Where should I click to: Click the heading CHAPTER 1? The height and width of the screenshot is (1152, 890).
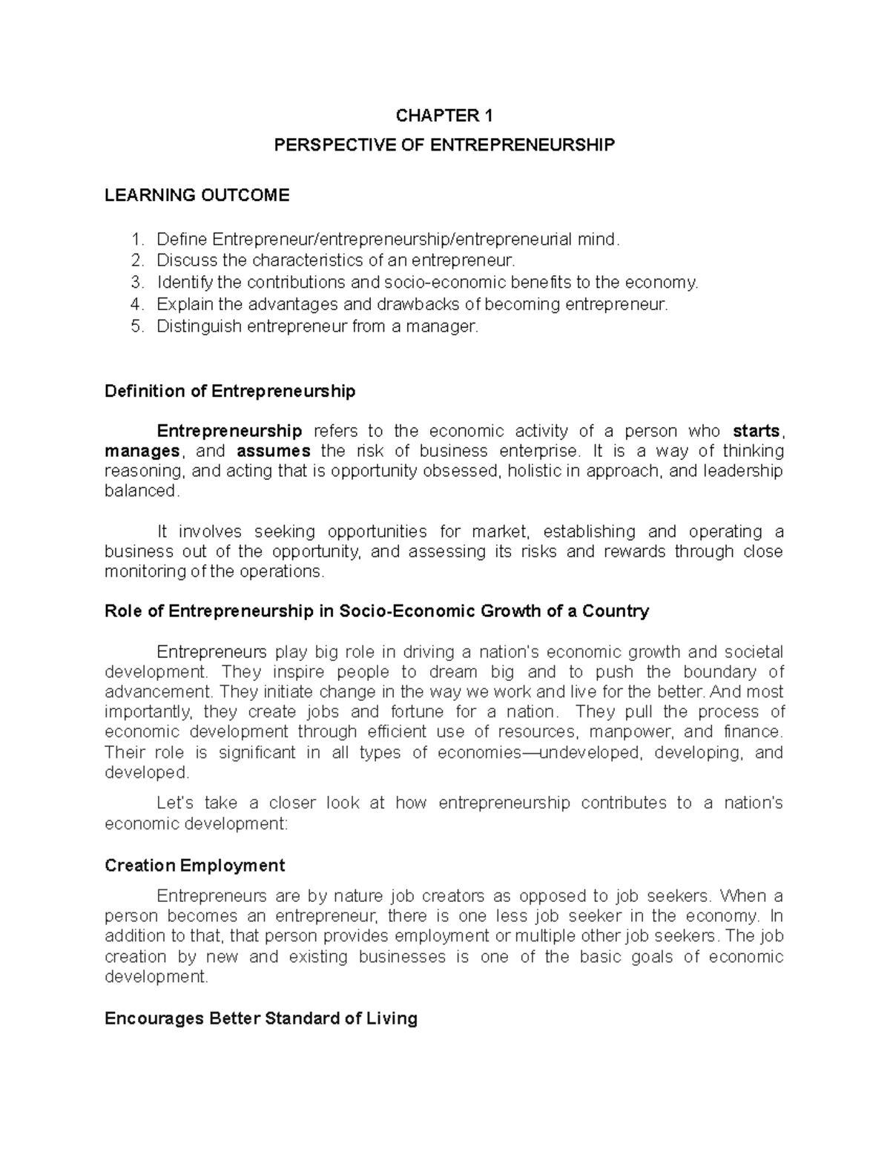[444, 115]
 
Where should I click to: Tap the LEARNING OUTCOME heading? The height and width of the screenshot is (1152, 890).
[197, 195]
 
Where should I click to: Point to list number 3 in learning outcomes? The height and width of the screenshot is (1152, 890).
[135, 283]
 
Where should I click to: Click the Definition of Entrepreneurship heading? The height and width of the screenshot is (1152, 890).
[230, 391]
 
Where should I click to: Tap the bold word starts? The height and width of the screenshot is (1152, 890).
[756, 431]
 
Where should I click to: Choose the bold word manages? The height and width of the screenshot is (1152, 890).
[142, 451]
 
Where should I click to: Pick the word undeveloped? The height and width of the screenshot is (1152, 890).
[607, 752]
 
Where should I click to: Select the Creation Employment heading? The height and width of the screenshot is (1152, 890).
[195, 866]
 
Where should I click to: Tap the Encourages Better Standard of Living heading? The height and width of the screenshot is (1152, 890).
[261, 1018]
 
